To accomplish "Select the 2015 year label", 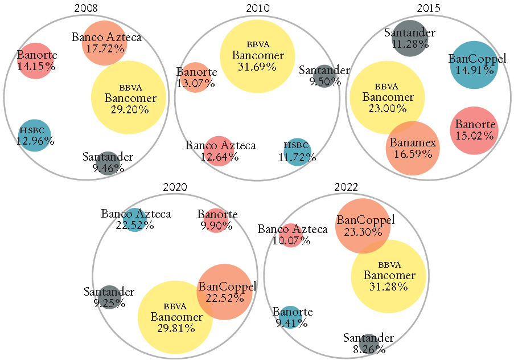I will point(429,8).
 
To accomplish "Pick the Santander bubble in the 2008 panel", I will point(108,162).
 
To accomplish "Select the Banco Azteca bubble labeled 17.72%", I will point(105,43).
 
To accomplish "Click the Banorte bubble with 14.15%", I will point(35,60).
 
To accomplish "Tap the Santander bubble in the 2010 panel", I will point(324,76).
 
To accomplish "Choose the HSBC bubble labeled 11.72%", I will point(299,151).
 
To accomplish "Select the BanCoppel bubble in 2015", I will point(474,64).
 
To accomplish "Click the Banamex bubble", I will point(413,148).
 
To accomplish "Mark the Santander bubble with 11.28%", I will point(409,38).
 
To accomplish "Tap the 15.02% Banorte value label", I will point(475,136).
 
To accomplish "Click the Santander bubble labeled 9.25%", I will point(109,297).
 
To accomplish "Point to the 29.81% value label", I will point(176,328).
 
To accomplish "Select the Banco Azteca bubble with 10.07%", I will point(291,235).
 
